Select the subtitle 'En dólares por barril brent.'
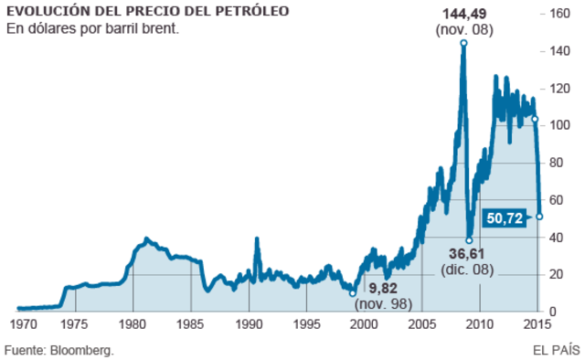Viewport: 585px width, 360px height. pyautogui.click(x=91, y=29)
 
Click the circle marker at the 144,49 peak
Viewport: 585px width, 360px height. pyautogui.click(x=463, y=43)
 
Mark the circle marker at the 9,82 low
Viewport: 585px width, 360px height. pyautogui.click(x=354, y=293)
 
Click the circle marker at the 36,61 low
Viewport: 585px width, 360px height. pyautogui.click(x=469, y=240)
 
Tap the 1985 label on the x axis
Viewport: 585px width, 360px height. pyautogui.click(x=191, y=324)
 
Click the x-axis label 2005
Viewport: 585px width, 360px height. pyautogui.click(x=422, y=324)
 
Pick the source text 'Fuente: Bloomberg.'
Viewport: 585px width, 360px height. pyautogui.click(x=60, y=349)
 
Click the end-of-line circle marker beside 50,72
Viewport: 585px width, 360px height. pyautogui.click(x=539, y=217)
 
